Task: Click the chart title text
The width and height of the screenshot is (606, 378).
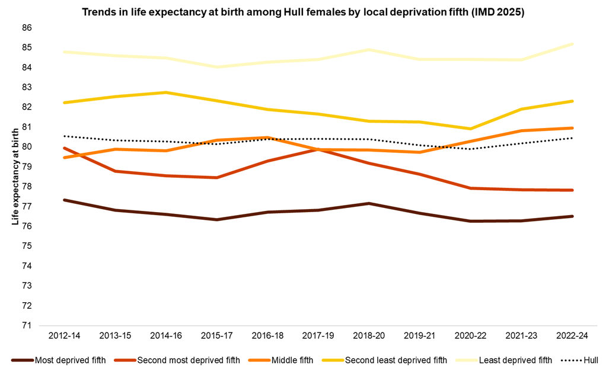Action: click(302, 12)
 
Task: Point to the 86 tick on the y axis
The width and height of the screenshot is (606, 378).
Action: click(26, 28)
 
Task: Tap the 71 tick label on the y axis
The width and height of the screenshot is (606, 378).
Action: click(26, 325)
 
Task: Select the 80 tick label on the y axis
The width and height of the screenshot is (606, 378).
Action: click(26, 147)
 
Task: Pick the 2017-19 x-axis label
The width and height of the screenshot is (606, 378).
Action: click(318, 335)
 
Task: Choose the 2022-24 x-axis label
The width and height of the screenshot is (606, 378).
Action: click(572, 335)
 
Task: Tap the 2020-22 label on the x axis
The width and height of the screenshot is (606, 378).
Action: click(470, 335)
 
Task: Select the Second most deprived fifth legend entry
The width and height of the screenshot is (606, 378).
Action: click(188, 360)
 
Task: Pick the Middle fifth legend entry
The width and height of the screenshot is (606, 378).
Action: click(292, 360)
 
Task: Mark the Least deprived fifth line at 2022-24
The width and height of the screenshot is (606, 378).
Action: click(572, 44)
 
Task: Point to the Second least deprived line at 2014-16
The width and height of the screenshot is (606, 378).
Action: click(165, 92)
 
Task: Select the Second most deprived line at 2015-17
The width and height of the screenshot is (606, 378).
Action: click(216, 178)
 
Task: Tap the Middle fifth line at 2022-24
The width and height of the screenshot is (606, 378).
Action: click(572, 128)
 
